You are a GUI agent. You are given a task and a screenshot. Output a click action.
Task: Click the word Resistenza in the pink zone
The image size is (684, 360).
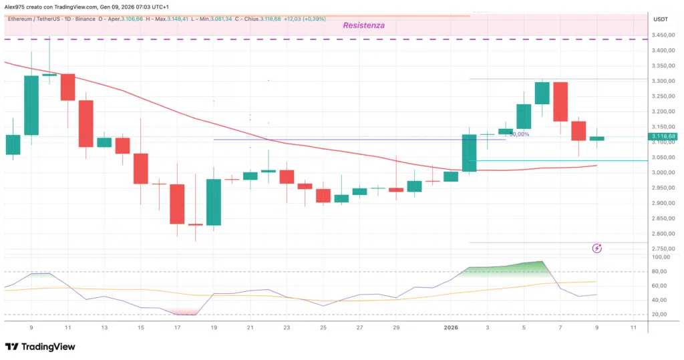(x=364, y=25)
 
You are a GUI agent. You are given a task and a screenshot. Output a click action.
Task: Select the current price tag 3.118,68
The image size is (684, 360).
(x=663, y=136)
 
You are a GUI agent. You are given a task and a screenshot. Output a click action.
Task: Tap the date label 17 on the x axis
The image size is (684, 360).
(x=176, y=327)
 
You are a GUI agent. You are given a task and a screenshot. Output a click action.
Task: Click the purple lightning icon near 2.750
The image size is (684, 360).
(x=597, y=248)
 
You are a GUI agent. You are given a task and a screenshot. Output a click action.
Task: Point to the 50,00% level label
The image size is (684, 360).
(x=519, y=134)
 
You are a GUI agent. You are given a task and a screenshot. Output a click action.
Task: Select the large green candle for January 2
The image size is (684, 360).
(x=469, y=154)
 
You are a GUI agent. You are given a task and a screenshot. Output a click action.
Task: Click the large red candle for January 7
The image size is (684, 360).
(x=560, y=111)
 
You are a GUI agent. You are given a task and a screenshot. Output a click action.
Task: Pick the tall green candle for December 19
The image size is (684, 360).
(x=214, y=202)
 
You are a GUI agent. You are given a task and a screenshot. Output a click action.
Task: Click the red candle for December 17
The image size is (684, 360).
(x=177, y=204)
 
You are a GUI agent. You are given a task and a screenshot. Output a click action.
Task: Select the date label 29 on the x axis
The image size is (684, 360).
(x=396, y=327)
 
